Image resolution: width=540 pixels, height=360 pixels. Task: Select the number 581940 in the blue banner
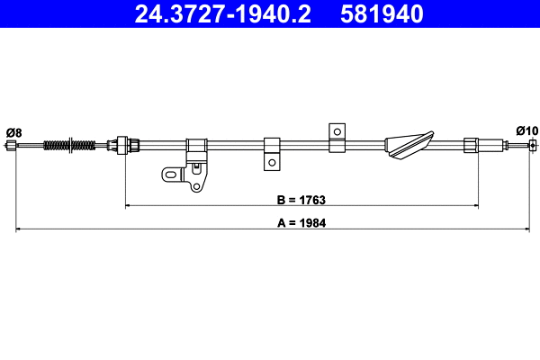[x=381, y=13]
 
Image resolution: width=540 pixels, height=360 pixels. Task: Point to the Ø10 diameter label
[x=526, y=130]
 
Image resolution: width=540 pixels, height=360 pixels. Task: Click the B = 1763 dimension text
[x=300, y=199]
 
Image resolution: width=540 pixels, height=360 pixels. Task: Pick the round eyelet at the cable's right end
[x=533, y=145]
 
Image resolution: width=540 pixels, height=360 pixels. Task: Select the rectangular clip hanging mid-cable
[x=271, y=153]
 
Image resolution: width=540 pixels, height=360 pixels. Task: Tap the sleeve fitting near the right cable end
[x=470, y=144]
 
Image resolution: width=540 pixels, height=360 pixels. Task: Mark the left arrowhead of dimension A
[x=21, y=231]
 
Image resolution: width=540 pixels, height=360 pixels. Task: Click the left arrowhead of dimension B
[x=128, y=207]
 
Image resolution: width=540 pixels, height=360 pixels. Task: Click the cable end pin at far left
[x=12, y=145]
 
